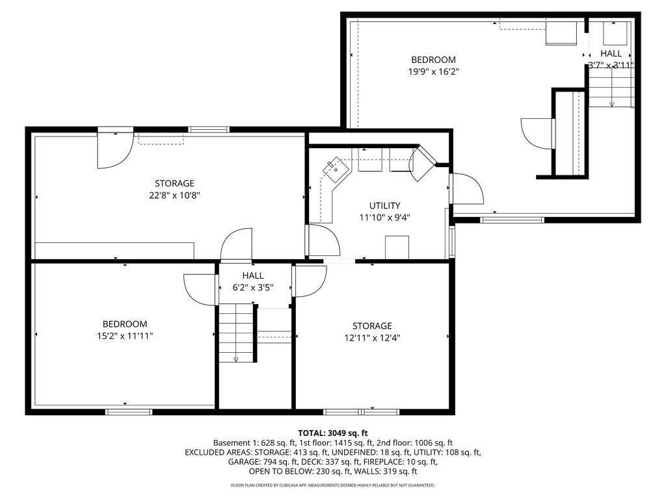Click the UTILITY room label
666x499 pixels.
pyautogui.click(x=384, y=206)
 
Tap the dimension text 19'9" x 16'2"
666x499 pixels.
pyautogui.click(x=433, y=71)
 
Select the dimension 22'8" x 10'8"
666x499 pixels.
pyautogui.click(x=174, y=196)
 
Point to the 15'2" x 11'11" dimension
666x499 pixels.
pyautogui.click(x=125, y=336)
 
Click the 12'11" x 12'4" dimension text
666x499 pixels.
pyautogui.click(x=372, y=338)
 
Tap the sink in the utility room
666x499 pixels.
pyautogui.click(x=336, y=168)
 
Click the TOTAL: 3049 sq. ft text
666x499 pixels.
pyautogui.click(x=332, y=433)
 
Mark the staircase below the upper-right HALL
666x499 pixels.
pyautogui.click(x=611, y=86)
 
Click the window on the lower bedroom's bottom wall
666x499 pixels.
pyautogui.click(x=129, y=411)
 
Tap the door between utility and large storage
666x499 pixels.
pyautogui.click(x=323, y=240)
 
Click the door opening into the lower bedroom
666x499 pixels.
pyautogui.click(x=200, y=289)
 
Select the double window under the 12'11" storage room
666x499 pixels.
pyautogui.click(x=361, y=411)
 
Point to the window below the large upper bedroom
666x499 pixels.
pyautogui.click(x=513, y=220)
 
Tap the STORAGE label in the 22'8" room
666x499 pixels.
pyautogui.click(x=174, y=183)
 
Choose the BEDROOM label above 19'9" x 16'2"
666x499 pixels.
pyautogui.click(x=433, y=60)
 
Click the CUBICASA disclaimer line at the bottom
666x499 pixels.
pyautogui.click(x=332, y=485)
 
